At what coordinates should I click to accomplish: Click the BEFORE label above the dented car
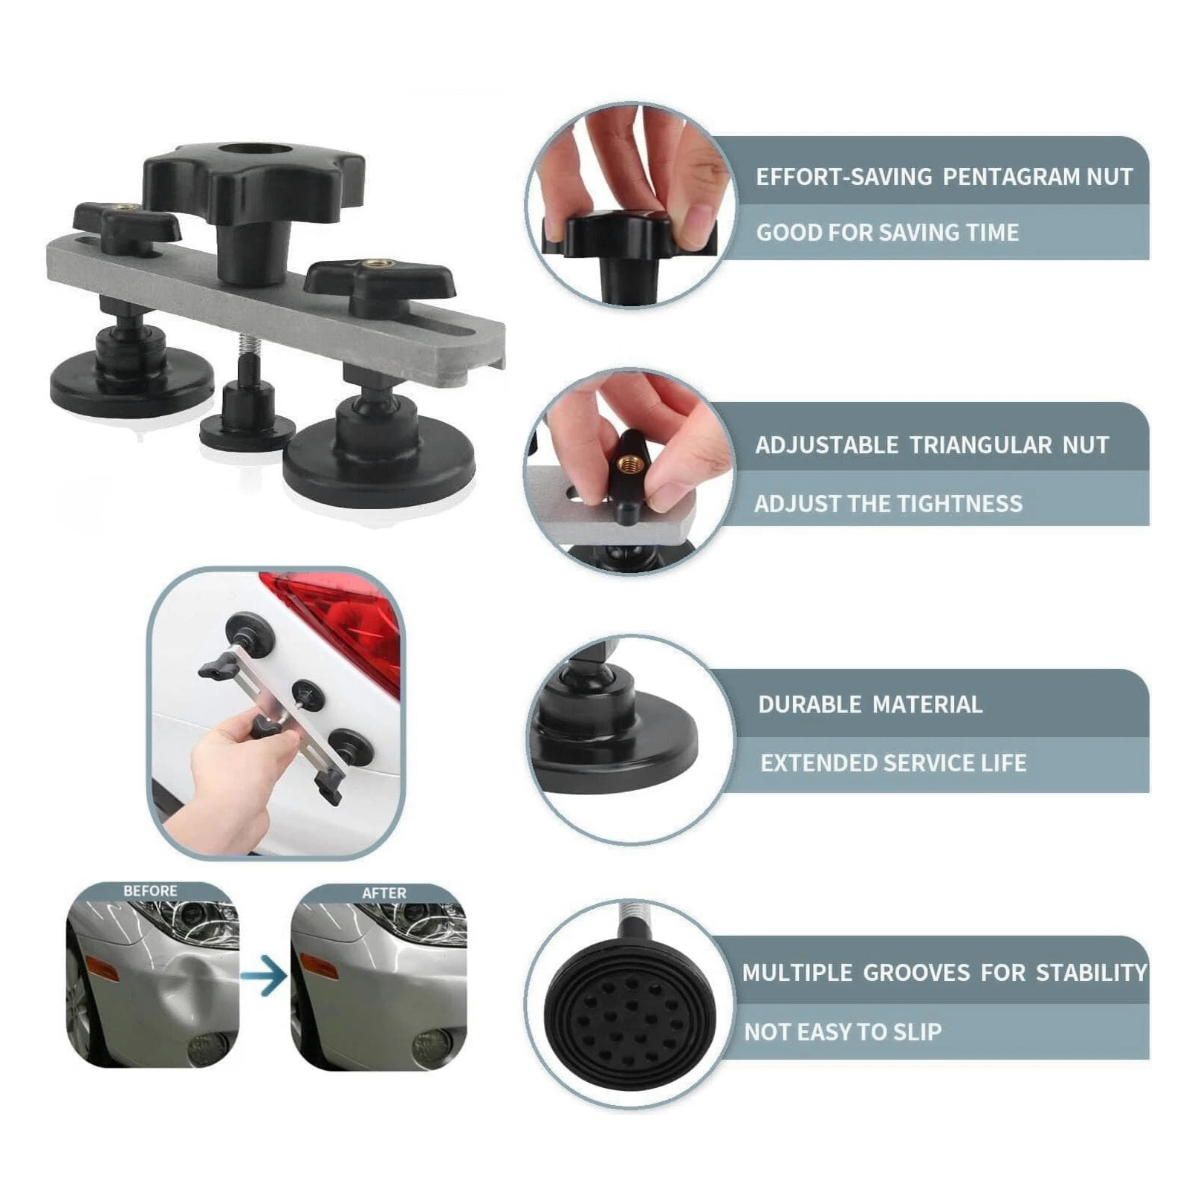point(150,890)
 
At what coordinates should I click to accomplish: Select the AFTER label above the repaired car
point(384,892)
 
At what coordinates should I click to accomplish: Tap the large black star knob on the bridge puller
point(253,182)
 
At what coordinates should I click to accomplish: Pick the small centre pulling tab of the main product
point(247,416)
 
